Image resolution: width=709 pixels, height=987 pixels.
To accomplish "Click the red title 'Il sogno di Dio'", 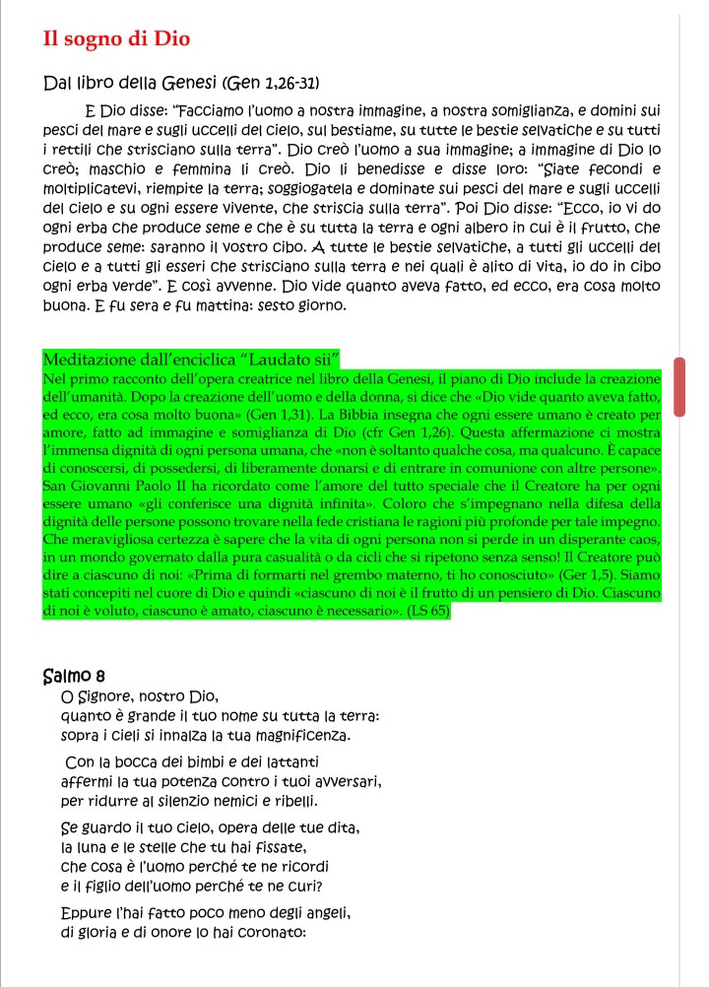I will pyautogui.click(x=117, y=38).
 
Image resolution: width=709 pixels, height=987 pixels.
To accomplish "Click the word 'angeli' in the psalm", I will pyautogui.click(x=319, y=908).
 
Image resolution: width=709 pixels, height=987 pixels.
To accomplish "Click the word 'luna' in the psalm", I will pyautogui.click(x=93, y=845).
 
